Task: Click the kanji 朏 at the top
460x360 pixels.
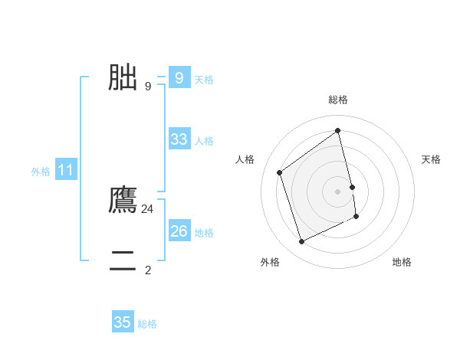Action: click(123, 77)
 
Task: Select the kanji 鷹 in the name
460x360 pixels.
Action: click(123, 200)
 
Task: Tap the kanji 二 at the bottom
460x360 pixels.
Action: click(123, 261)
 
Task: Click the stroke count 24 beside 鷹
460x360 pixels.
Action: click(147, 208)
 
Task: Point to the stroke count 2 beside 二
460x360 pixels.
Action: click(148, 270)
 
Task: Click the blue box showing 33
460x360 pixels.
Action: click(179, 139)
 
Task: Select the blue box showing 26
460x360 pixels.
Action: click(179, 231)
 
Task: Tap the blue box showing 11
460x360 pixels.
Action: click(65, 171)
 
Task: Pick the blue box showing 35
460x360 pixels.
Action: click(123, 322)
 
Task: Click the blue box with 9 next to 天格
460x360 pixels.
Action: click(179, 78)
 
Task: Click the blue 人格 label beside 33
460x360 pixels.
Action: click(204, 141)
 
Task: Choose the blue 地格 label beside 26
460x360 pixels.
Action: click(204, 233)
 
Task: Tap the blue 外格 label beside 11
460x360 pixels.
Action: click(41, 172)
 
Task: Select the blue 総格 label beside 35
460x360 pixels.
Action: click(147, 324)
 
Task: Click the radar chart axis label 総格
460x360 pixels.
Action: click(338, 100)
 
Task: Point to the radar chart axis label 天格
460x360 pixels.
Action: click(432, 159)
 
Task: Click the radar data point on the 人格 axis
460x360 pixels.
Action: click(280, 172)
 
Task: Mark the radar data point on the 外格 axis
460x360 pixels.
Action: click(301, 242)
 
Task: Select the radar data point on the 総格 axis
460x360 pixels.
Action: click(338, 130)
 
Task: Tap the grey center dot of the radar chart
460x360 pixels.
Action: click(338, 191)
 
